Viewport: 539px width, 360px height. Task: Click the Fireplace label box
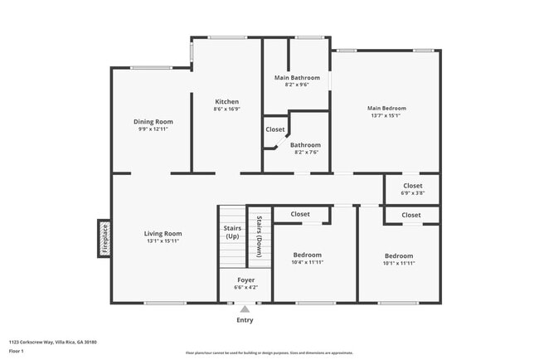coord(104,239)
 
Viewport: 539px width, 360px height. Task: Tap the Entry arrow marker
coord(245,309)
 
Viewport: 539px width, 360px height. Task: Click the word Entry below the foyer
coord(245,320)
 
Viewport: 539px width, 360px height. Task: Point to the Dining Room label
coord(153,122)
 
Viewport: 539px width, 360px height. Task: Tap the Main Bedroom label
coord(386,108)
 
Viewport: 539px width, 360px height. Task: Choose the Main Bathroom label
coord(296,78)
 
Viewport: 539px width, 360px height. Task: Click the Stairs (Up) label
coord(232,232)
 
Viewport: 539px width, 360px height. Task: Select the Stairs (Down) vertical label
coord(260,236)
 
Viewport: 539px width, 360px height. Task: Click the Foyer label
coord(245,280)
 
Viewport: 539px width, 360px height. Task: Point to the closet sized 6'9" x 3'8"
coord(412,189)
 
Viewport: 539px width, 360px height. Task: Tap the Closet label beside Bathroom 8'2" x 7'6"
coord(275,129)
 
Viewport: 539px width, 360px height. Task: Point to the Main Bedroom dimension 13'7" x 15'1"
coord(386,115)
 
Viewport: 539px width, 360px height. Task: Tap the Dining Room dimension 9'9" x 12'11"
coord(153,129)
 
